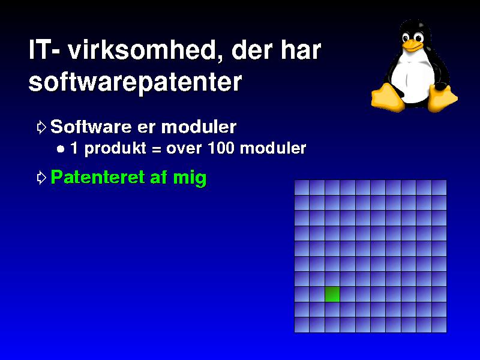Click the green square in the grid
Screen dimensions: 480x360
click(x=332, y=294)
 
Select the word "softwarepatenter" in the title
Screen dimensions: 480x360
click(x=135, y=82)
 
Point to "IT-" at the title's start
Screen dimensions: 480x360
click(x=44, y=49)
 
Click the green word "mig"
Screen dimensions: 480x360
click(x=190, y=178)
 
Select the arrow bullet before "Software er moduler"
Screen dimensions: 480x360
click(x=41, y=127)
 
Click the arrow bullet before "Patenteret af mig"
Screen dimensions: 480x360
click(x=41, y=178)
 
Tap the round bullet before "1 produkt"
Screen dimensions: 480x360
click(x=61, y=149)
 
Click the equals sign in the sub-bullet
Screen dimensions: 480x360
click(x=156, y=149)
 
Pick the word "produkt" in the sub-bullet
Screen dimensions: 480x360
click(x=115, y=149)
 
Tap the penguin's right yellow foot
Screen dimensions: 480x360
click(x=442, y=98)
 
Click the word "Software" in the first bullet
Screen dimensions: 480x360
click(x=91, y=127)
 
